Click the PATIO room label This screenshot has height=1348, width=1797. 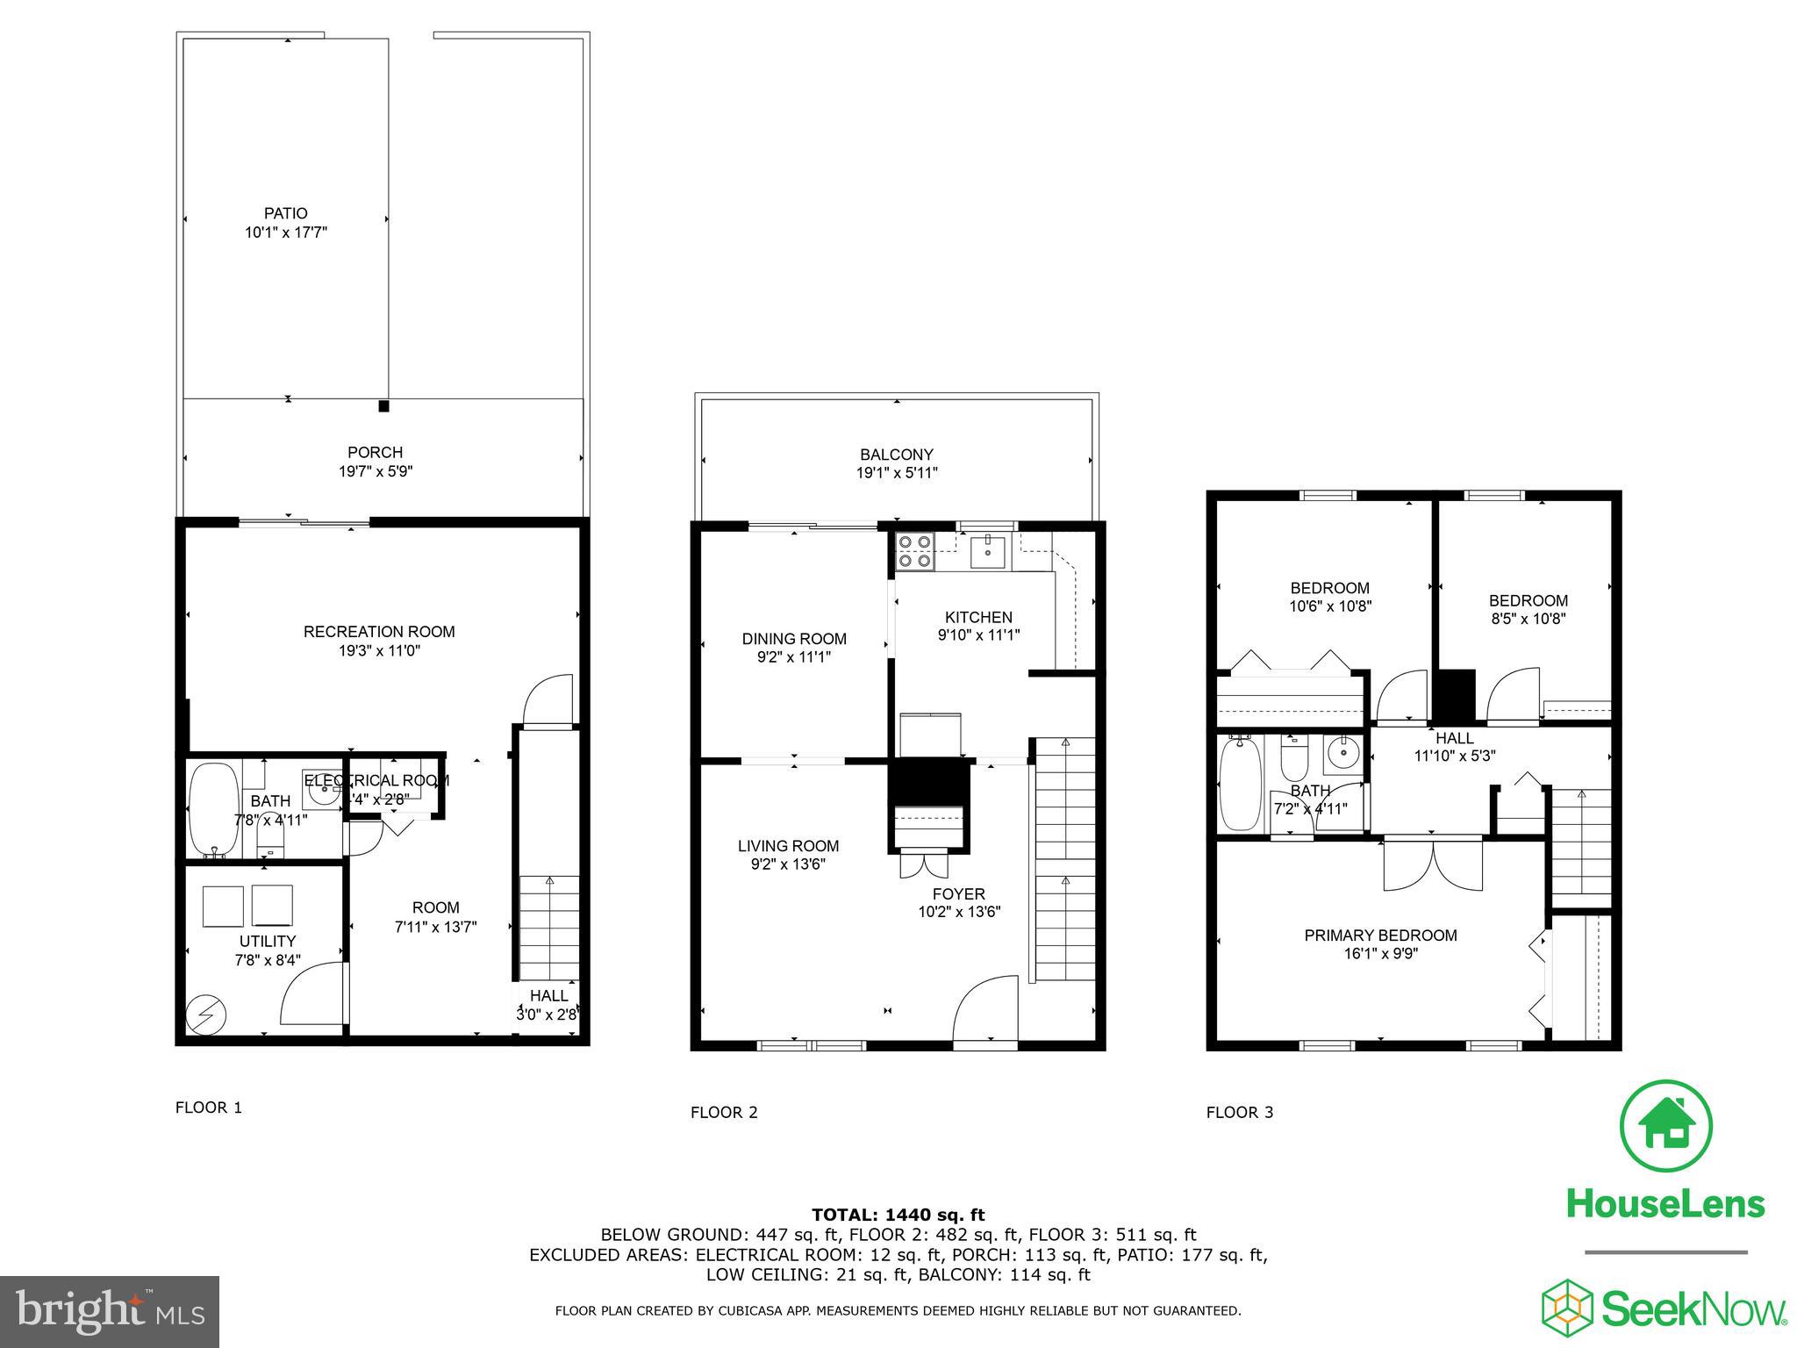pyautogui.click(x=286, y=213)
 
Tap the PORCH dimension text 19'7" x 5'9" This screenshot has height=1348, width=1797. pyautogui.click(x=376, y=471)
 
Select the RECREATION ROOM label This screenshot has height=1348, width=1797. pyautogui.click(x=379, y=631)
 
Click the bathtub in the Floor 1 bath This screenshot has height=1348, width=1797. pyautogui.click(x=213, y=810)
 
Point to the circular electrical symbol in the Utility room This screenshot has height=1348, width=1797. pyautogui.click(x=207, y=1016)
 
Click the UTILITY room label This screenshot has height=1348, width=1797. pyautogui.click(x=268, y=942)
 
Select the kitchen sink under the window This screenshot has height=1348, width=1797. pyautogui.click(x=989, y=551)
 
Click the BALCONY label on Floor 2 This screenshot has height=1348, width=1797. pyautogui.click(x=897, y=455)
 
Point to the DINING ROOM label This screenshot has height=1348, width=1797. pyautogui.click(x=794, y=639)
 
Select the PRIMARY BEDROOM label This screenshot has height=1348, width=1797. pyautogui.click(x=1380, y=936)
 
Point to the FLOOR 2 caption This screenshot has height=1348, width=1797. pyautogui.click(x=724, y=1113)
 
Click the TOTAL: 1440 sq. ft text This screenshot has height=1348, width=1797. pyautogui.click(x=898, y=1215)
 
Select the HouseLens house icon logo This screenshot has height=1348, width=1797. pyautogui.click(x=1665, y=1126)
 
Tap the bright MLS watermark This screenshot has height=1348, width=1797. pyautogui.click(x=110, y=1312)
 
